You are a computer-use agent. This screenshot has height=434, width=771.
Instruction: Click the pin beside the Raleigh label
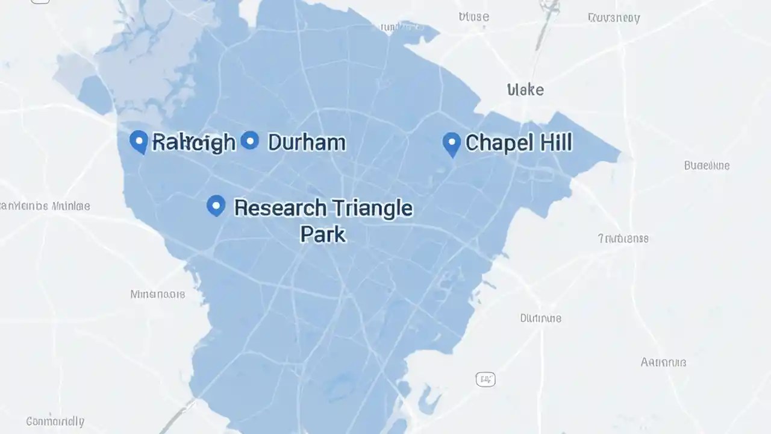139,142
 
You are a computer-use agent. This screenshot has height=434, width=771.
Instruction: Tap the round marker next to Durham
249,140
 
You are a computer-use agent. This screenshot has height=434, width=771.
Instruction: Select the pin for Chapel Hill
452,143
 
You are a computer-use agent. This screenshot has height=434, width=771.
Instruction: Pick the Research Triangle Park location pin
216,206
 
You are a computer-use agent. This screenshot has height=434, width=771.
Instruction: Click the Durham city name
307,142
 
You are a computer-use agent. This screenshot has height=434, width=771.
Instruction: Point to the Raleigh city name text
193,142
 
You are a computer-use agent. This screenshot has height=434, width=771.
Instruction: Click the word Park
323,234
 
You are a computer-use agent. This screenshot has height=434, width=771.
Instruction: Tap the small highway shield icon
485,379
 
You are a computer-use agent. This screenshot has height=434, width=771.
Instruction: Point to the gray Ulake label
525,90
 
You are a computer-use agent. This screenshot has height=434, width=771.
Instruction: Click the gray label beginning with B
707,165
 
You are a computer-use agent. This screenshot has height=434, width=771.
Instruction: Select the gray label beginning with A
663,362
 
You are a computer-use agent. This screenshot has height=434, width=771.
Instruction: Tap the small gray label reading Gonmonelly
55,421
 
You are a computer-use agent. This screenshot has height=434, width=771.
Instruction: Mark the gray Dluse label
473,17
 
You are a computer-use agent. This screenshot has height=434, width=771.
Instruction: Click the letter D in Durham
275,142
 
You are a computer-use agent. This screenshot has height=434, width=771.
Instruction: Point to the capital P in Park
305,234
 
